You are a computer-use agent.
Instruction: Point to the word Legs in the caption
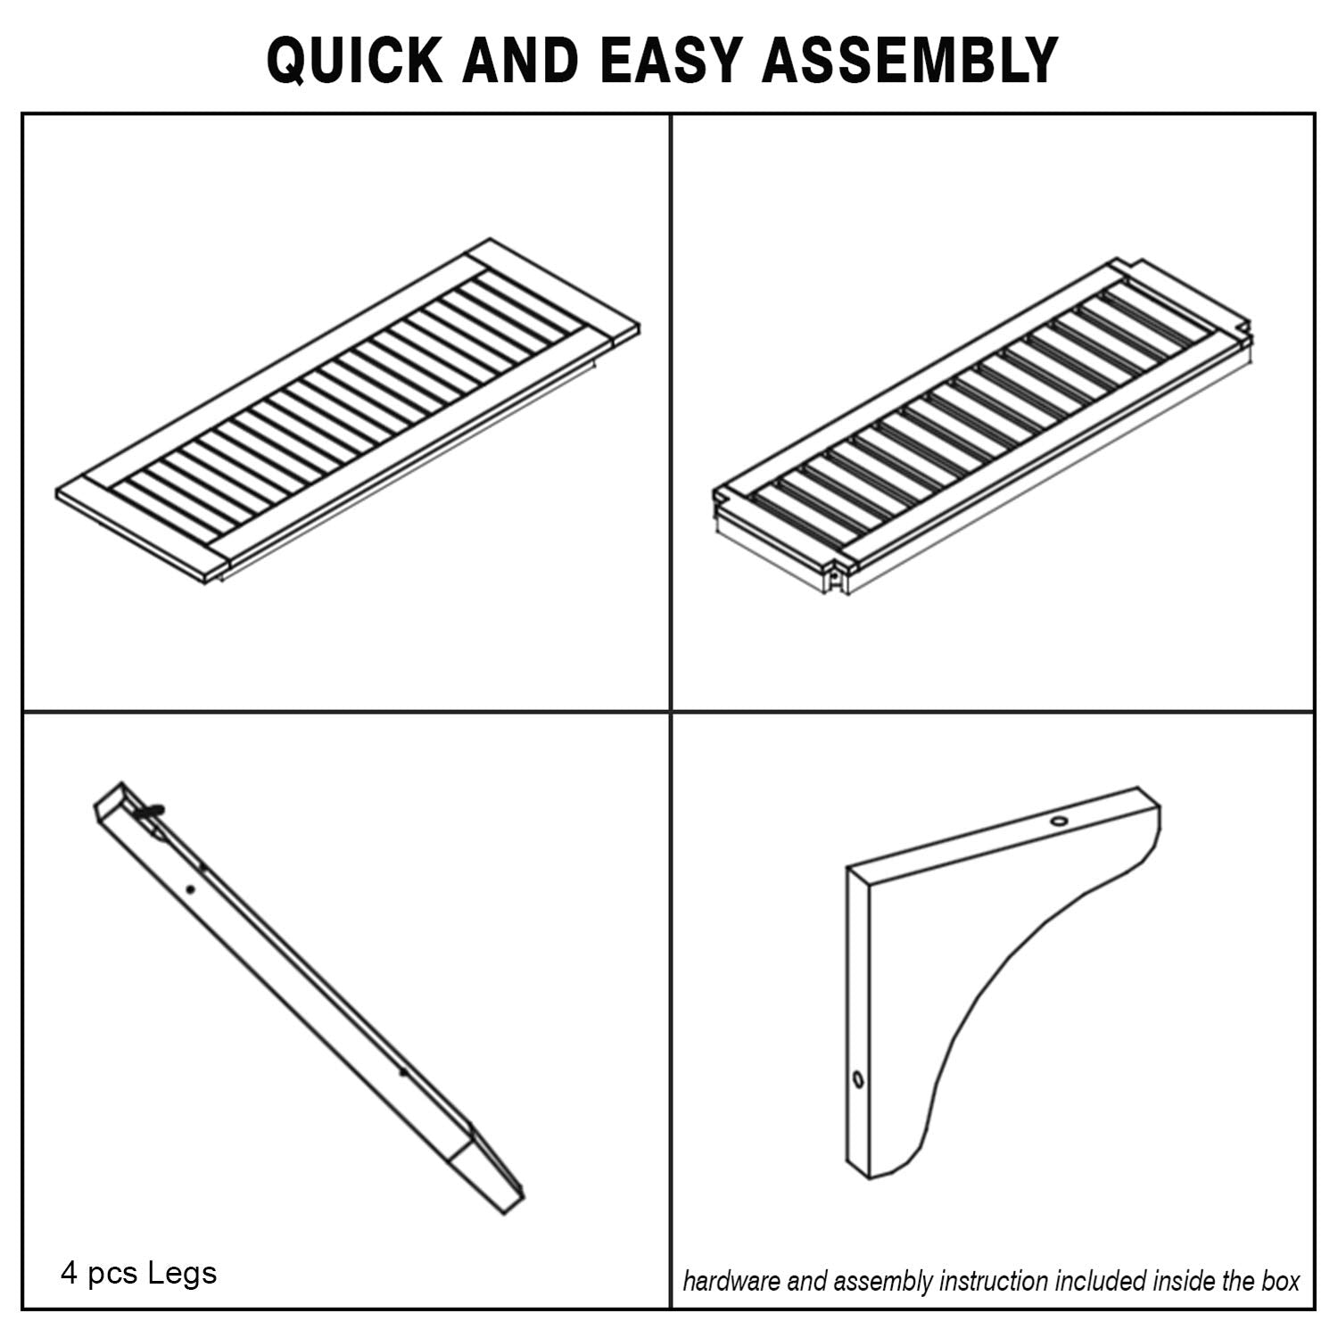(182, 1274)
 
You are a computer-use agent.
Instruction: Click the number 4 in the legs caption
(69, 1273)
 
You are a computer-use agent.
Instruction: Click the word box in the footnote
(1280, 1282)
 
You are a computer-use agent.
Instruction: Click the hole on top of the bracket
(1059, 820)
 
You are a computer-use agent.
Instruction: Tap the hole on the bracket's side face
(858, 1080)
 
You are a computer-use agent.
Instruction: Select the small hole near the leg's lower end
(403, 1073)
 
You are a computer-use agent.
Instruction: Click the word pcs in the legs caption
(112, 1276)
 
